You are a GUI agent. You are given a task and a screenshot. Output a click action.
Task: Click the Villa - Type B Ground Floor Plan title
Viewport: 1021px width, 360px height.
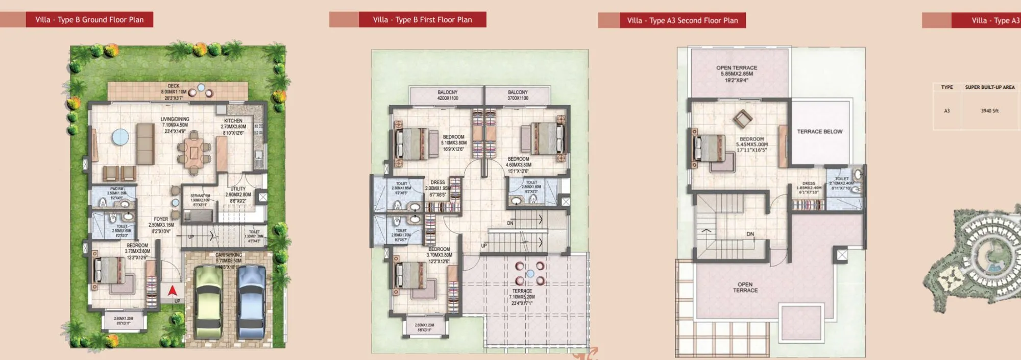[x=89, y=20]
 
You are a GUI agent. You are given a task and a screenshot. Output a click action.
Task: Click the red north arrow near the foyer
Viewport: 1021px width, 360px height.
[x=173, y=291]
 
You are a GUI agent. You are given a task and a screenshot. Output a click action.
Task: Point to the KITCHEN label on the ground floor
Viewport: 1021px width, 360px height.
[x=233, y=121]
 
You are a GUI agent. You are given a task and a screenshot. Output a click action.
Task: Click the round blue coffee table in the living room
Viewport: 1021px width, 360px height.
[x=120, y=137]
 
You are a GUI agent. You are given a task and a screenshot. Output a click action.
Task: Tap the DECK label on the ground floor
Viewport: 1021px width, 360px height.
[x=174, y=86]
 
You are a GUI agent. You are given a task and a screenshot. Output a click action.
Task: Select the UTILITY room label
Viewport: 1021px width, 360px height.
[x=238, y=189]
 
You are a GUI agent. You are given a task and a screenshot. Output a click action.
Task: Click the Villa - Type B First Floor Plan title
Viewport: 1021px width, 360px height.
[x=422, y=20]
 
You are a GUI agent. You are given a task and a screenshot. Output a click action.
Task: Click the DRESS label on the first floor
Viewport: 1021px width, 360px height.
[x=437, y=182]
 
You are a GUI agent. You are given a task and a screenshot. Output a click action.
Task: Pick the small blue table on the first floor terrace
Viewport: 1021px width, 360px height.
[x=530, y=274]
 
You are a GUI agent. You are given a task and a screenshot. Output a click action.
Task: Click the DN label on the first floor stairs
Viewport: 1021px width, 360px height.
[x=510, y=223]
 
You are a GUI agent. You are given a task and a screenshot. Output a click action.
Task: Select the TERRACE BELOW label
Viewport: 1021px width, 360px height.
[x=819, y=132]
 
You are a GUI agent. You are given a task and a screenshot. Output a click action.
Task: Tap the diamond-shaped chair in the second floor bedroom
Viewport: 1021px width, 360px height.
[x=743, y=119]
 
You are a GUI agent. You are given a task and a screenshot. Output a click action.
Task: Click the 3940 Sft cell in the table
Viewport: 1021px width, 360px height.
[x=989, y=111]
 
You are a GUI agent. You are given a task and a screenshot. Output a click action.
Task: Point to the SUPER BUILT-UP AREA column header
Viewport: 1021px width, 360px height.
[x=989, y=87]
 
